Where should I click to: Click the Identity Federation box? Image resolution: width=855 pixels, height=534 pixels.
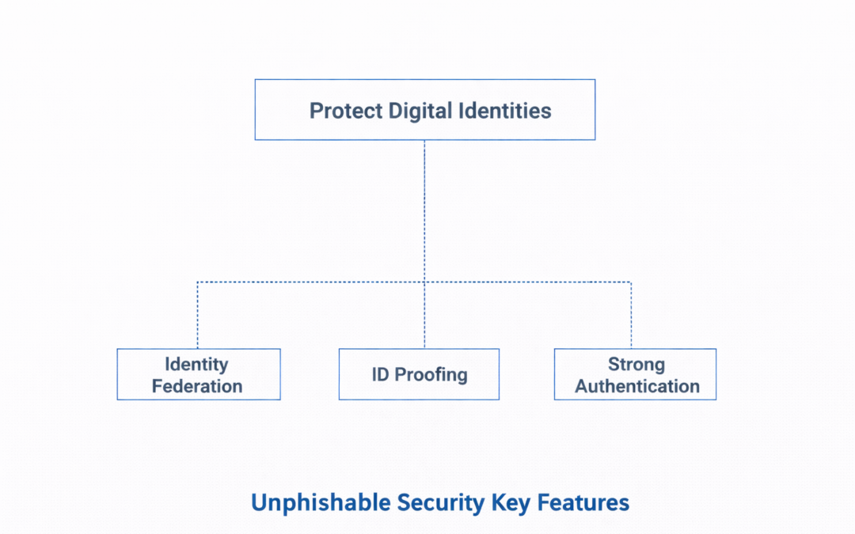198,374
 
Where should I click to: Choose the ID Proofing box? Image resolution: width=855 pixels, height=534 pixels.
419,374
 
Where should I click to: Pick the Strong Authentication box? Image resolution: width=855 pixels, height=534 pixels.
635,374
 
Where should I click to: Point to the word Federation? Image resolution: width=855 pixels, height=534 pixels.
197,386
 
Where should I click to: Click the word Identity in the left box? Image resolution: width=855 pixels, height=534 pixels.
196,365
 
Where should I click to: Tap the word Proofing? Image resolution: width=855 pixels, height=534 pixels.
431,374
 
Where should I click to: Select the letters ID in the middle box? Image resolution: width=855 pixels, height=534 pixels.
380,374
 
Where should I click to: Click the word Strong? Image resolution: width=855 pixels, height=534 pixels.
636,365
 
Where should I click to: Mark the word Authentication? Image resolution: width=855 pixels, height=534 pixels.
637,386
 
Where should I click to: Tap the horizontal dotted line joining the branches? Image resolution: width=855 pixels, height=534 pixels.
317,282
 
